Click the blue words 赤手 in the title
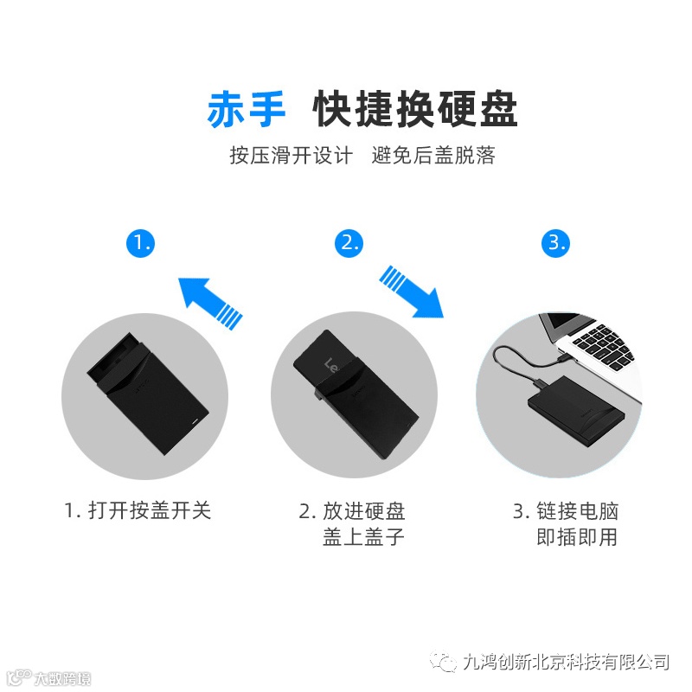(247, 110)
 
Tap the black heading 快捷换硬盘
(415, 109)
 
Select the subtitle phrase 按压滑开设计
(291, 156)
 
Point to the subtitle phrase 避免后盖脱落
(433, 156)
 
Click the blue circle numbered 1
(140, 243)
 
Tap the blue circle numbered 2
(349, 243)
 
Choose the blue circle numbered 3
(555, 243)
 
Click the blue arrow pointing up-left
(210, 304)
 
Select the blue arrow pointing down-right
(412, 292)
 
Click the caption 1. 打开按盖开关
(138, 510)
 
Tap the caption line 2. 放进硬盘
(352, 511)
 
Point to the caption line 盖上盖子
(363, 537)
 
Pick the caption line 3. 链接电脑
(566, 511)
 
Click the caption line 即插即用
(577, 537)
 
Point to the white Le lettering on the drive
(331, 366)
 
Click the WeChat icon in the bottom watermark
(444, 662)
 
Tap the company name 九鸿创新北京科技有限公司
(567, 662)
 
